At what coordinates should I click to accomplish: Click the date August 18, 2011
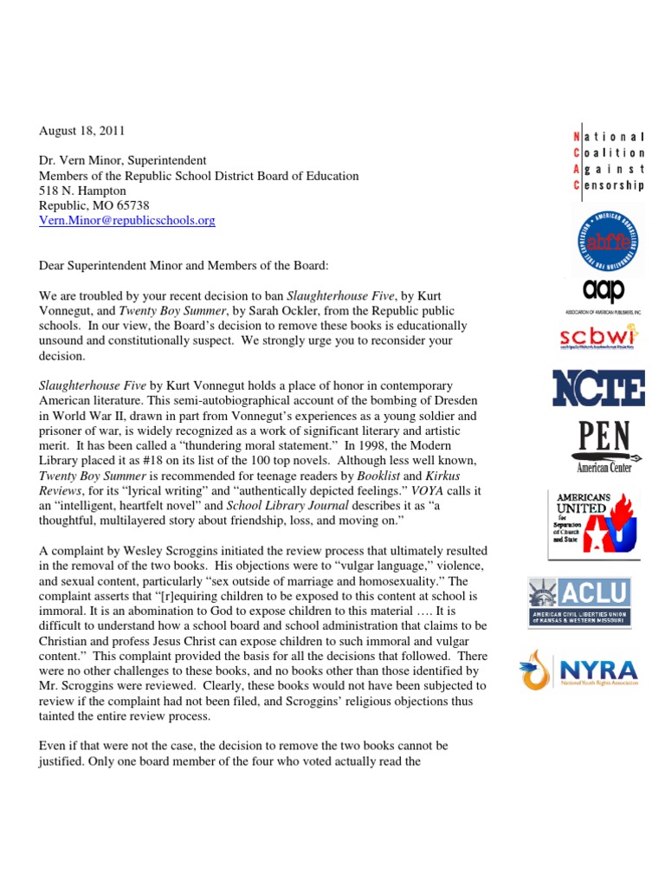(x=82, y=131)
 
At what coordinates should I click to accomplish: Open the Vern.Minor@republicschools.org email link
(x=127, y=221)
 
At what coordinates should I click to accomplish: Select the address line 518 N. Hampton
(x=83, y=191)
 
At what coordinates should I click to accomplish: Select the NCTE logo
(x=599, y=387)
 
